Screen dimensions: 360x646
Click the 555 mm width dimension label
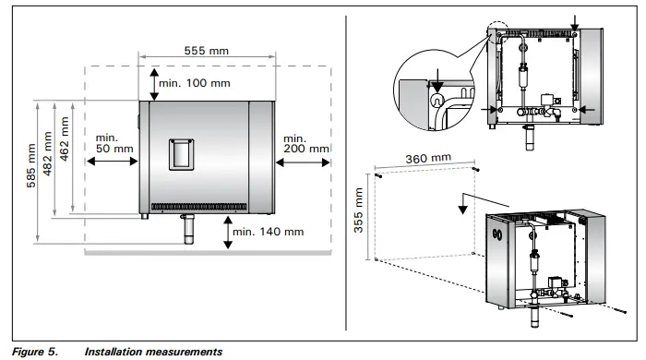[206, 51]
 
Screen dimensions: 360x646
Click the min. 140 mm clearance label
[269, 232]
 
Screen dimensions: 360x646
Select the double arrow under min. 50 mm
[111, 159]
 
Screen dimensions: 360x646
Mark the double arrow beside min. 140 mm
[227, 233]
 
